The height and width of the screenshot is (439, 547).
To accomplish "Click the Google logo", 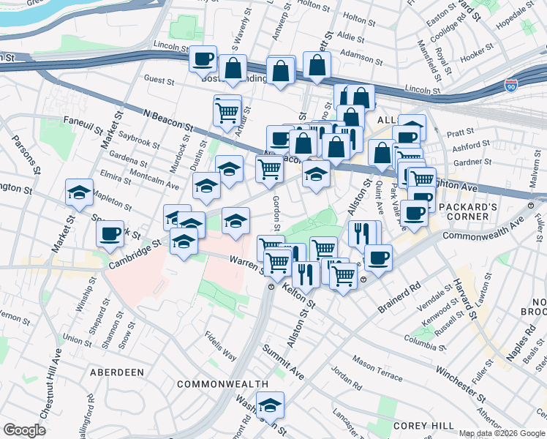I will tap(25, 430).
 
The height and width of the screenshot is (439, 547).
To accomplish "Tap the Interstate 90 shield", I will tap(511, 86).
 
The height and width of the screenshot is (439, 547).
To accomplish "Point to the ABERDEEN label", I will tap(116, 372).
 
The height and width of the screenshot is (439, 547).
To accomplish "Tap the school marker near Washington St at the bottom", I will tap(271, 405).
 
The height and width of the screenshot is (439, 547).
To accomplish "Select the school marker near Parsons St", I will tap(79, 192).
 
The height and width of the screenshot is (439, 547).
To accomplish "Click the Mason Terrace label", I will tap(377, 368).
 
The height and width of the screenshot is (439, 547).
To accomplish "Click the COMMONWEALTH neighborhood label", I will tap(213, 384).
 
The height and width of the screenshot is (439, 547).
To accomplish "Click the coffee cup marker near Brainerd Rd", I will tap(378, 258).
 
